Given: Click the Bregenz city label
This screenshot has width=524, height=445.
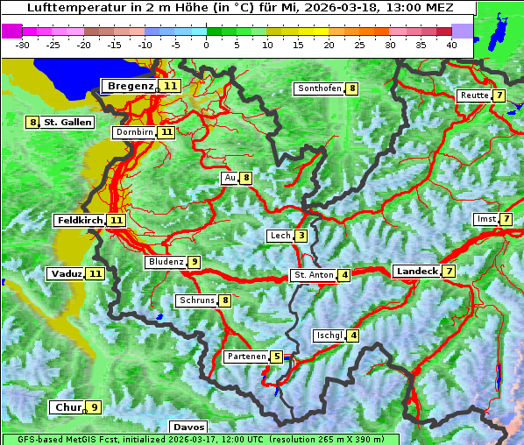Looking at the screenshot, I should pyautogui.click(x=130, y=86).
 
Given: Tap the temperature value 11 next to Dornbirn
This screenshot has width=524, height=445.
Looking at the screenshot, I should pyautogui.click(x=166, y=132).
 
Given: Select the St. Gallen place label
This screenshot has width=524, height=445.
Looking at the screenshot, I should pyautogui.click(x=67, y=123).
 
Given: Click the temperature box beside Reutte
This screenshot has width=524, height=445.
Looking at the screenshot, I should pyautogui.click(x=499, y=95).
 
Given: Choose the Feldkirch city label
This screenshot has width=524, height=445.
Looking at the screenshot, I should pyautogui.click(x=80, y=221).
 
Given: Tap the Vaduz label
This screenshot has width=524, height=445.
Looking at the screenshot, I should pyautogui.click(x=67, y=274).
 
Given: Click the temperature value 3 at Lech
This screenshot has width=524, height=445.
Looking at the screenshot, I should pyautogui.click(x=301, y=236).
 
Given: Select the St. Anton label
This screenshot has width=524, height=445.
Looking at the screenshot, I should pyautogui.click(x=314, y=275).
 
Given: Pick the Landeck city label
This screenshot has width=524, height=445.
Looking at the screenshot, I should pyautogui.click(x=416, y=272).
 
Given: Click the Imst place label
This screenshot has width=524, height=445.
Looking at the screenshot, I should pyautogui.click(x=485, y=218).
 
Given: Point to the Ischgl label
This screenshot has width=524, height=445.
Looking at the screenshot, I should pyautogui.click(x=329, y=336).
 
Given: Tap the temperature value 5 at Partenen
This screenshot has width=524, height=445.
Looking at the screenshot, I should pyautogui.click(x=276, y=357).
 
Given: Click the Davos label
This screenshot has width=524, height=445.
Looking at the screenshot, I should pyautogui.click(x=188, y=427).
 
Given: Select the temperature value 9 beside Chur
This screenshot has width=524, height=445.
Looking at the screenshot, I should pyautogui.click(x=94, y=407).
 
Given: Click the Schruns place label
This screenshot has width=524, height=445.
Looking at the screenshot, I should pyautogui.click(x=196, y=301).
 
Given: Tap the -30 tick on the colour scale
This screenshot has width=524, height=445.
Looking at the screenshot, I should pyautogui.click(x=23, y=45).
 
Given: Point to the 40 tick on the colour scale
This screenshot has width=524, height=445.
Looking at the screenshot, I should pyautogui.click(x=451, y=45).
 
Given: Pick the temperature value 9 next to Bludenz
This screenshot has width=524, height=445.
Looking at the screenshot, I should pyautogui.click(x=195, y=262).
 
